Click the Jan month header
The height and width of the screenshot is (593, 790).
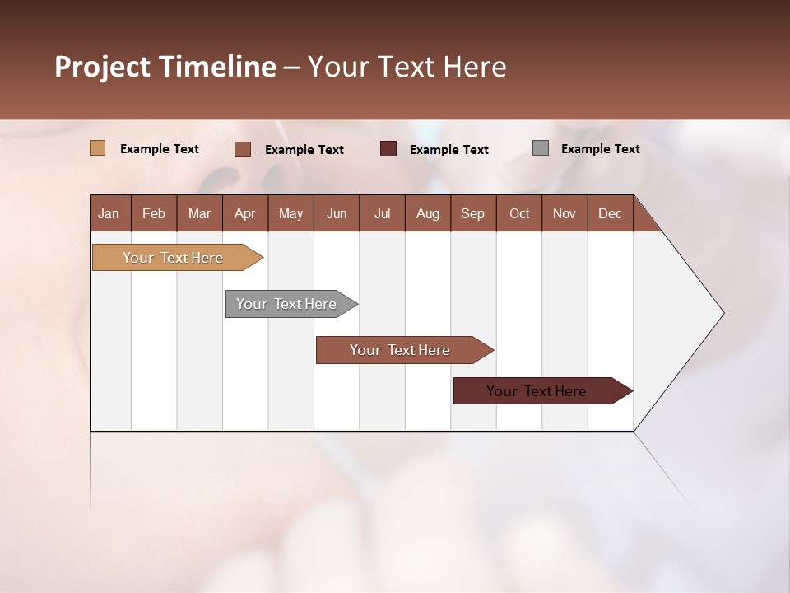(109, 213)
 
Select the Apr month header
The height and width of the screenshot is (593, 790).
(245, 213)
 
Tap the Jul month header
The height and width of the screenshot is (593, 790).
(382, 213)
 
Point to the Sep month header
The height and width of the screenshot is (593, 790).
(472, 213)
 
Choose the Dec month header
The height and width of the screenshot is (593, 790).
(610, 213)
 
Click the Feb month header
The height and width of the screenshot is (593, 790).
(154, 213)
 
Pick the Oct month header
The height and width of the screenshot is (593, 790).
(519, 213)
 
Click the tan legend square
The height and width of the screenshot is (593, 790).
(98, 148)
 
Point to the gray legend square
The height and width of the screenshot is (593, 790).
(541, 148)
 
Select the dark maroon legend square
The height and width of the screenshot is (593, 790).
(388, 148)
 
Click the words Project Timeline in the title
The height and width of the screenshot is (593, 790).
(165, 67)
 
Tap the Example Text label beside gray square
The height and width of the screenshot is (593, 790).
(600, 149)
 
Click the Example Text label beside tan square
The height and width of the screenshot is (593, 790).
(160, 149)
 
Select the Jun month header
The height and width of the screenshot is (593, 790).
(337, 213)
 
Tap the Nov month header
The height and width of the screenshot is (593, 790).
(565, 213)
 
